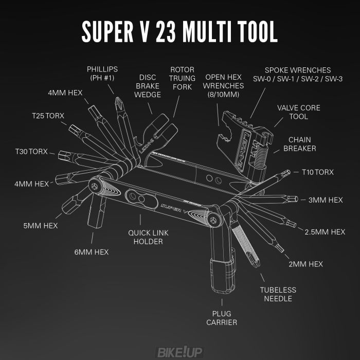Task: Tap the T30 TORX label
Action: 31,152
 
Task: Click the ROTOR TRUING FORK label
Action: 183,78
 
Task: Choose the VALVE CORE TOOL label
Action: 298,112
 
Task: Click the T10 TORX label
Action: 317,172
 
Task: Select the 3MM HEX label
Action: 325,200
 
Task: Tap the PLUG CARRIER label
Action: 222,318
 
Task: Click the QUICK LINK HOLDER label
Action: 148,237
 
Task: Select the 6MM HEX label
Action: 91,252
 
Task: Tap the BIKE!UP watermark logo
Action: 180,352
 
